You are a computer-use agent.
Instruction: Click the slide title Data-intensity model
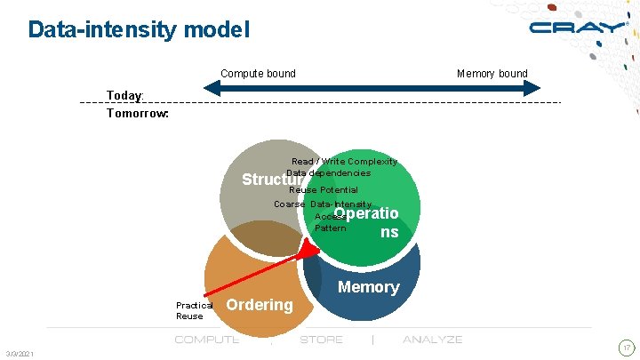[x=139, y=29]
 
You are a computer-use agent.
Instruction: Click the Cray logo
[x=577, y=28]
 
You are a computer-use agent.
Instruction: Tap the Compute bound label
[x=258, y=73]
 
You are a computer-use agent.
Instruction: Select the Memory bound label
[x=492, y=73]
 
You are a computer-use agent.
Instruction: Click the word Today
[x=124, y=95]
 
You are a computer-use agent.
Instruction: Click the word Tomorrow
[x=138, y=113]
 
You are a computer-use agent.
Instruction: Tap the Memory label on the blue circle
[x=368, y=287]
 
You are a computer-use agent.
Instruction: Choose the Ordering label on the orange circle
[x=260, y=305]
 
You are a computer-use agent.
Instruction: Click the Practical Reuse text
[x=193, y=310]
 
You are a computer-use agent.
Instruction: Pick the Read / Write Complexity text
[x=344, y=162]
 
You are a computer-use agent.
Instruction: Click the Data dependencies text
[x=328, y=172]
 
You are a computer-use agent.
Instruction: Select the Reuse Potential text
[x=324, y=189]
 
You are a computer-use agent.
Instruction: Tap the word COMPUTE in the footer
[x=206, y=340]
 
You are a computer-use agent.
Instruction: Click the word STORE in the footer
[x=322, y=340]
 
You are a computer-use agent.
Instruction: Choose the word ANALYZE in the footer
[x=432, y=340]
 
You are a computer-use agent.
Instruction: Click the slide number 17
[x=627, y=347]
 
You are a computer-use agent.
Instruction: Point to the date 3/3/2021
[x=20, y=355]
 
